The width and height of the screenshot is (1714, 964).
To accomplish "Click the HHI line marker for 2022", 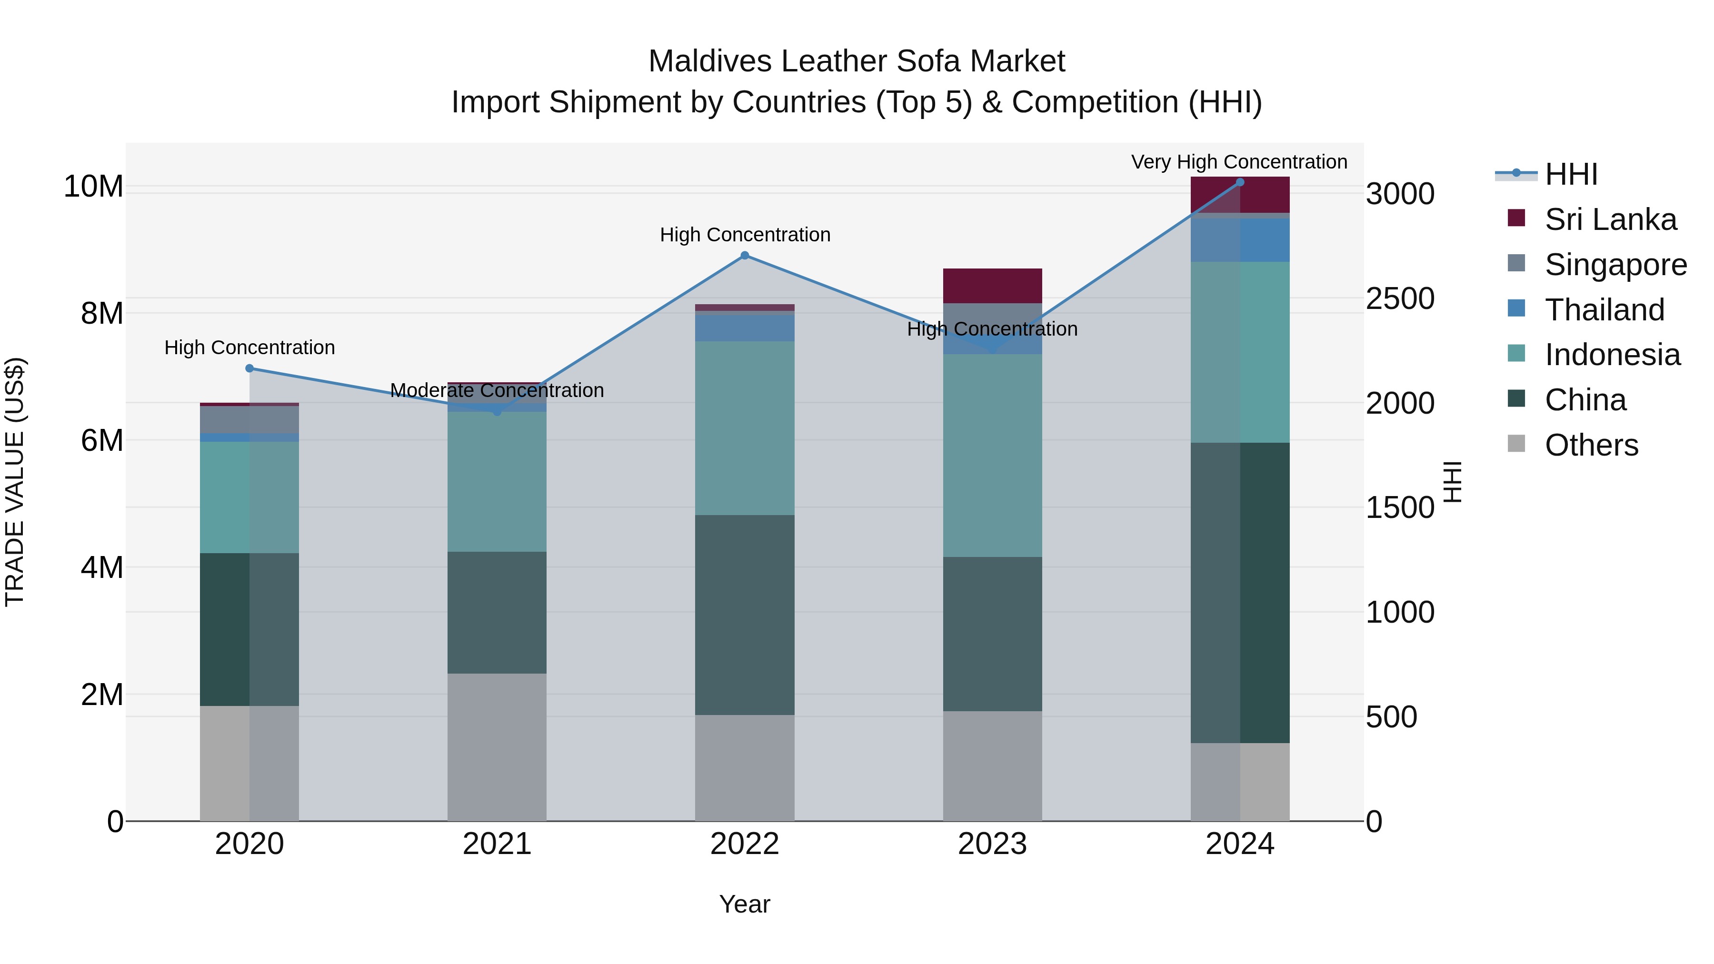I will [745, 256].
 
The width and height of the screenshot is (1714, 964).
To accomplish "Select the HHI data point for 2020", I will [249, 368].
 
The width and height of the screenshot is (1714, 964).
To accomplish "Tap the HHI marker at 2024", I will [1240, 182].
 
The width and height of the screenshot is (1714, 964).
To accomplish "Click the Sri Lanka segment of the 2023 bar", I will [992, 286].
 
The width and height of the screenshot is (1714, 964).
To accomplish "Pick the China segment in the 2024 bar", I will [1240, 592].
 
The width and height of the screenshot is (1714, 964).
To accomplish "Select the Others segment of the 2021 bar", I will [497, 746].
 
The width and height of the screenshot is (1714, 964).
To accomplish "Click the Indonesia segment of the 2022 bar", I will [745, 428].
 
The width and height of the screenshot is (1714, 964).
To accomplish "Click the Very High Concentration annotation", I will [1239, 162].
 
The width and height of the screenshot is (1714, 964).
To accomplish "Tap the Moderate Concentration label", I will [497, 390].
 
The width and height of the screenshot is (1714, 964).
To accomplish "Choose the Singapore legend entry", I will [1615, 265].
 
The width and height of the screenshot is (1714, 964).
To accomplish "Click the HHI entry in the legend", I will [1570, 174].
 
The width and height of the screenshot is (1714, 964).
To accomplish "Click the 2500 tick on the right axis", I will [1400, 298].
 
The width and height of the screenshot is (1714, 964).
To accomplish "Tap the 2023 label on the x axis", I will [992, 844].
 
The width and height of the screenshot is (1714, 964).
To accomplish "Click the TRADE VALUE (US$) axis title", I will [15, 482].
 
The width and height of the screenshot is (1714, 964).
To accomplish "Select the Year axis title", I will [745, 904].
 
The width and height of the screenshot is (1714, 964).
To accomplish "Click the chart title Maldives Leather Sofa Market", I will [857, 61].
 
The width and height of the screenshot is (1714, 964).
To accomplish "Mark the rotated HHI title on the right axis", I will [1453, 482].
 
